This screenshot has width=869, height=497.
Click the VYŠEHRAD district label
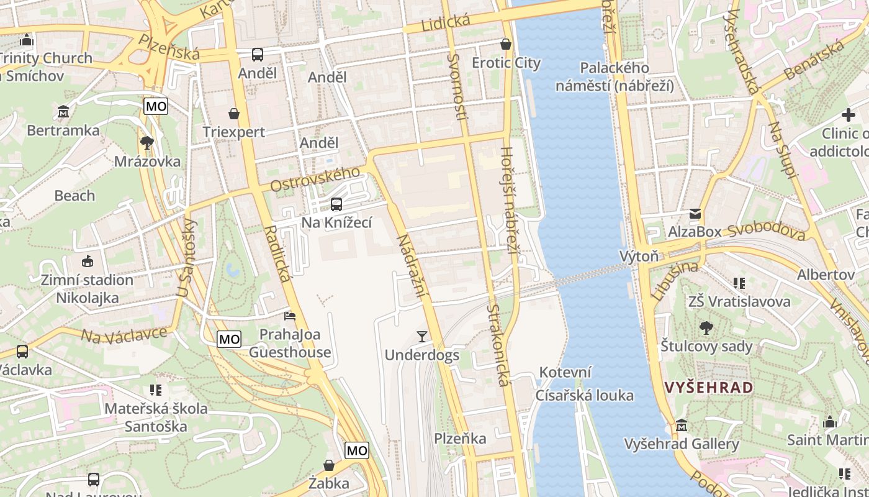coord(709,388)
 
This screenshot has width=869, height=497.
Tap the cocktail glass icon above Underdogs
coord(422,337)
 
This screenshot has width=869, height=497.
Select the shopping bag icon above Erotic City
coord(506,45)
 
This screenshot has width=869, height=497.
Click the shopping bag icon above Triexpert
coord(234,114)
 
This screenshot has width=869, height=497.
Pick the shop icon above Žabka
coord(329,465)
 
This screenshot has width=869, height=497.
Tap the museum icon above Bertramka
coord(63,112)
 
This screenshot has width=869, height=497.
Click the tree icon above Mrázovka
coord(147,144)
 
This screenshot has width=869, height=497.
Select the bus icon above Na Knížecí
coord(336,204)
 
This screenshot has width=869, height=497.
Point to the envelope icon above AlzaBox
coord(695,214)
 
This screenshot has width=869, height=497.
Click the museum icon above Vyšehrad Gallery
coord(682,426)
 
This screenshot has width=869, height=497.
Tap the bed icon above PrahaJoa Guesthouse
coord(290,316)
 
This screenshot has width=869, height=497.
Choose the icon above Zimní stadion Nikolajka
coord(87,262)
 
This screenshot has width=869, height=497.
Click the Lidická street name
coord(446,23)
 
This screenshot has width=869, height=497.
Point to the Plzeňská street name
coord(169,47)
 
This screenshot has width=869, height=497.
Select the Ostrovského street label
coord(315,179)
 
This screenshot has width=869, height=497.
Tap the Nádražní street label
coord(410,264)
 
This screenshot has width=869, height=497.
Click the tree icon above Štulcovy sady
coord(706,328)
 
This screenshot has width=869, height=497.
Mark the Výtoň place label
coord(639,256)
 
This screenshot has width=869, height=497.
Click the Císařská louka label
coord(585,396)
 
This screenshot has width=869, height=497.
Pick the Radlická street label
coord(277,253)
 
